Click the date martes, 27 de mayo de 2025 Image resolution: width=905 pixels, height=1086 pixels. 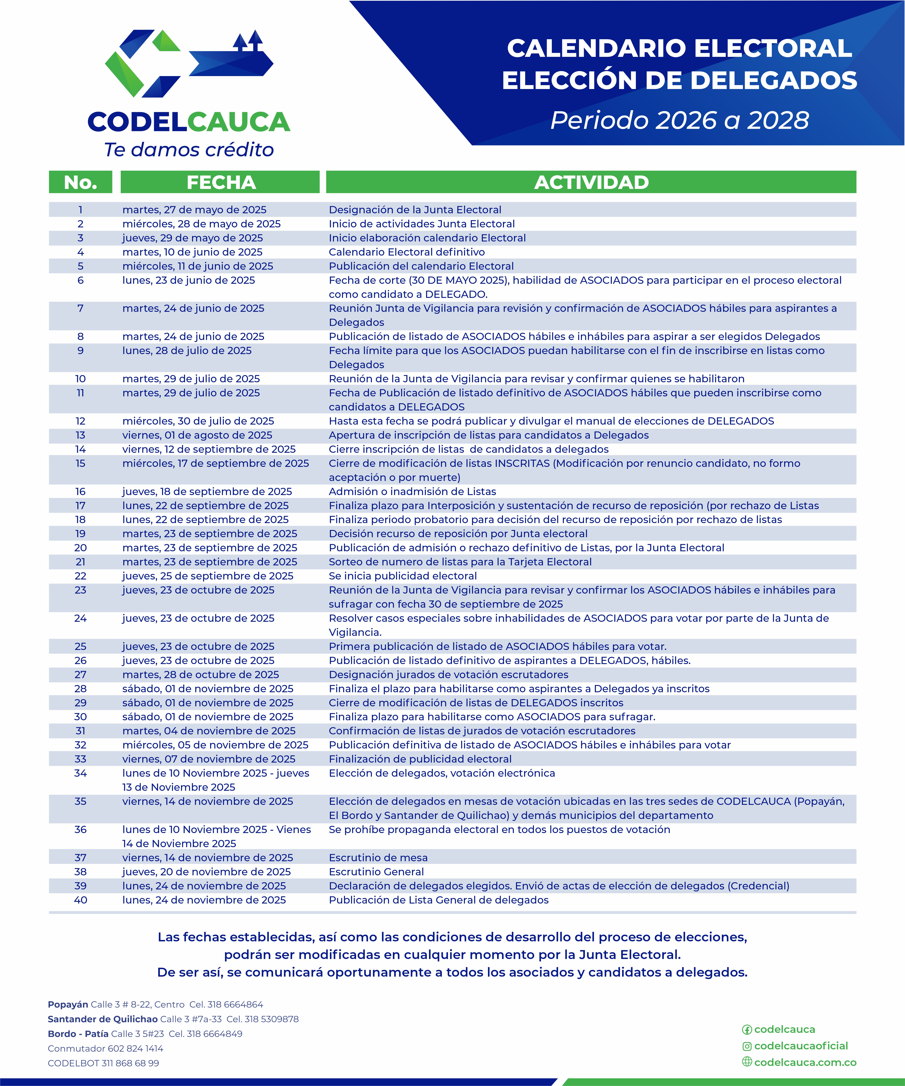[x=194, y=209]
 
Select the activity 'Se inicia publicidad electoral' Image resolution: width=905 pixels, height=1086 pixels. [x=403, y=576]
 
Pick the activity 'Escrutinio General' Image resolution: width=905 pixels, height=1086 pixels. [x=376, y=871]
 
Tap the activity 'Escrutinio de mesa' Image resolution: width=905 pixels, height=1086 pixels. [x=378, y=857]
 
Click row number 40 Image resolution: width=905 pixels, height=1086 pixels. [x=80, y=900]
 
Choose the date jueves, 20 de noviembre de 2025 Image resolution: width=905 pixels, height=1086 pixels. [x=206, y=871]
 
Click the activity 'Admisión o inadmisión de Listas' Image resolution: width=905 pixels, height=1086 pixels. [x=412, y=491]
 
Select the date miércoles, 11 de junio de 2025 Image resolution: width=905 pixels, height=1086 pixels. [x=197, y=266]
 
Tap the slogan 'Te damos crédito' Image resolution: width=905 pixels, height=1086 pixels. [x=189, y=149]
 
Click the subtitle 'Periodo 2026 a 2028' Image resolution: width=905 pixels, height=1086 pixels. [x=679, y=120]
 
